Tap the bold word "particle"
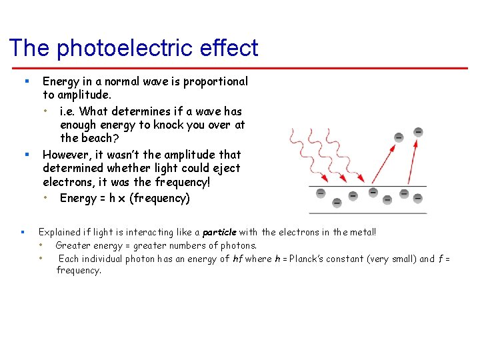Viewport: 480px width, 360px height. pos(219,232)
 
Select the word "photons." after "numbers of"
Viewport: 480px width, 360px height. pos(237,245)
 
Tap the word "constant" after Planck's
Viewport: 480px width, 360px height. pos(347,259)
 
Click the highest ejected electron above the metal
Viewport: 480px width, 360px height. pos(418,131)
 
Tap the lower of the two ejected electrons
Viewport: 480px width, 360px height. pos(398,137)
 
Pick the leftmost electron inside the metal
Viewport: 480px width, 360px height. pos(320,193)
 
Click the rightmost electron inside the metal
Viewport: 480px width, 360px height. pos(418,198)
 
